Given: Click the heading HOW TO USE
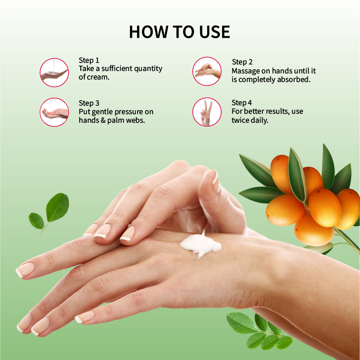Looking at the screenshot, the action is pyautogui.click(x=179, y=32).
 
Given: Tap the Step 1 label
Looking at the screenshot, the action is pyautogui.click(x=89, y=60).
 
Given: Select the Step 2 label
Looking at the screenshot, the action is pyautogui.click(x=242, y=62).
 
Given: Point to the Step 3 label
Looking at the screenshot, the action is pyautogui.click(x=89, y=103).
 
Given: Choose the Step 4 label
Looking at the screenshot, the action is pyautogui.click(x=241, y=103).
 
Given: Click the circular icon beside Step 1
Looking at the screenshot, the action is pyautogui.click(x=54, y=73).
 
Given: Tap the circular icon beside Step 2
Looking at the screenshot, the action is pyautogui.click(x=207, y=71).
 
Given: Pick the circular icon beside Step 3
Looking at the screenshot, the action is pyautogui.click(x=54, y=112).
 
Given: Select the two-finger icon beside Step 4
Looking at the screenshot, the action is pyautogui.click(x=207, y=112).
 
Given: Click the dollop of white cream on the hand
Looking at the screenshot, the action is pyautogui.click(x=200, y=245).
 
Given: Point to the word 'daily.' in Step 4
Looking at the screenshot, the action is pyautogui.click(x=260, y=120).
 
